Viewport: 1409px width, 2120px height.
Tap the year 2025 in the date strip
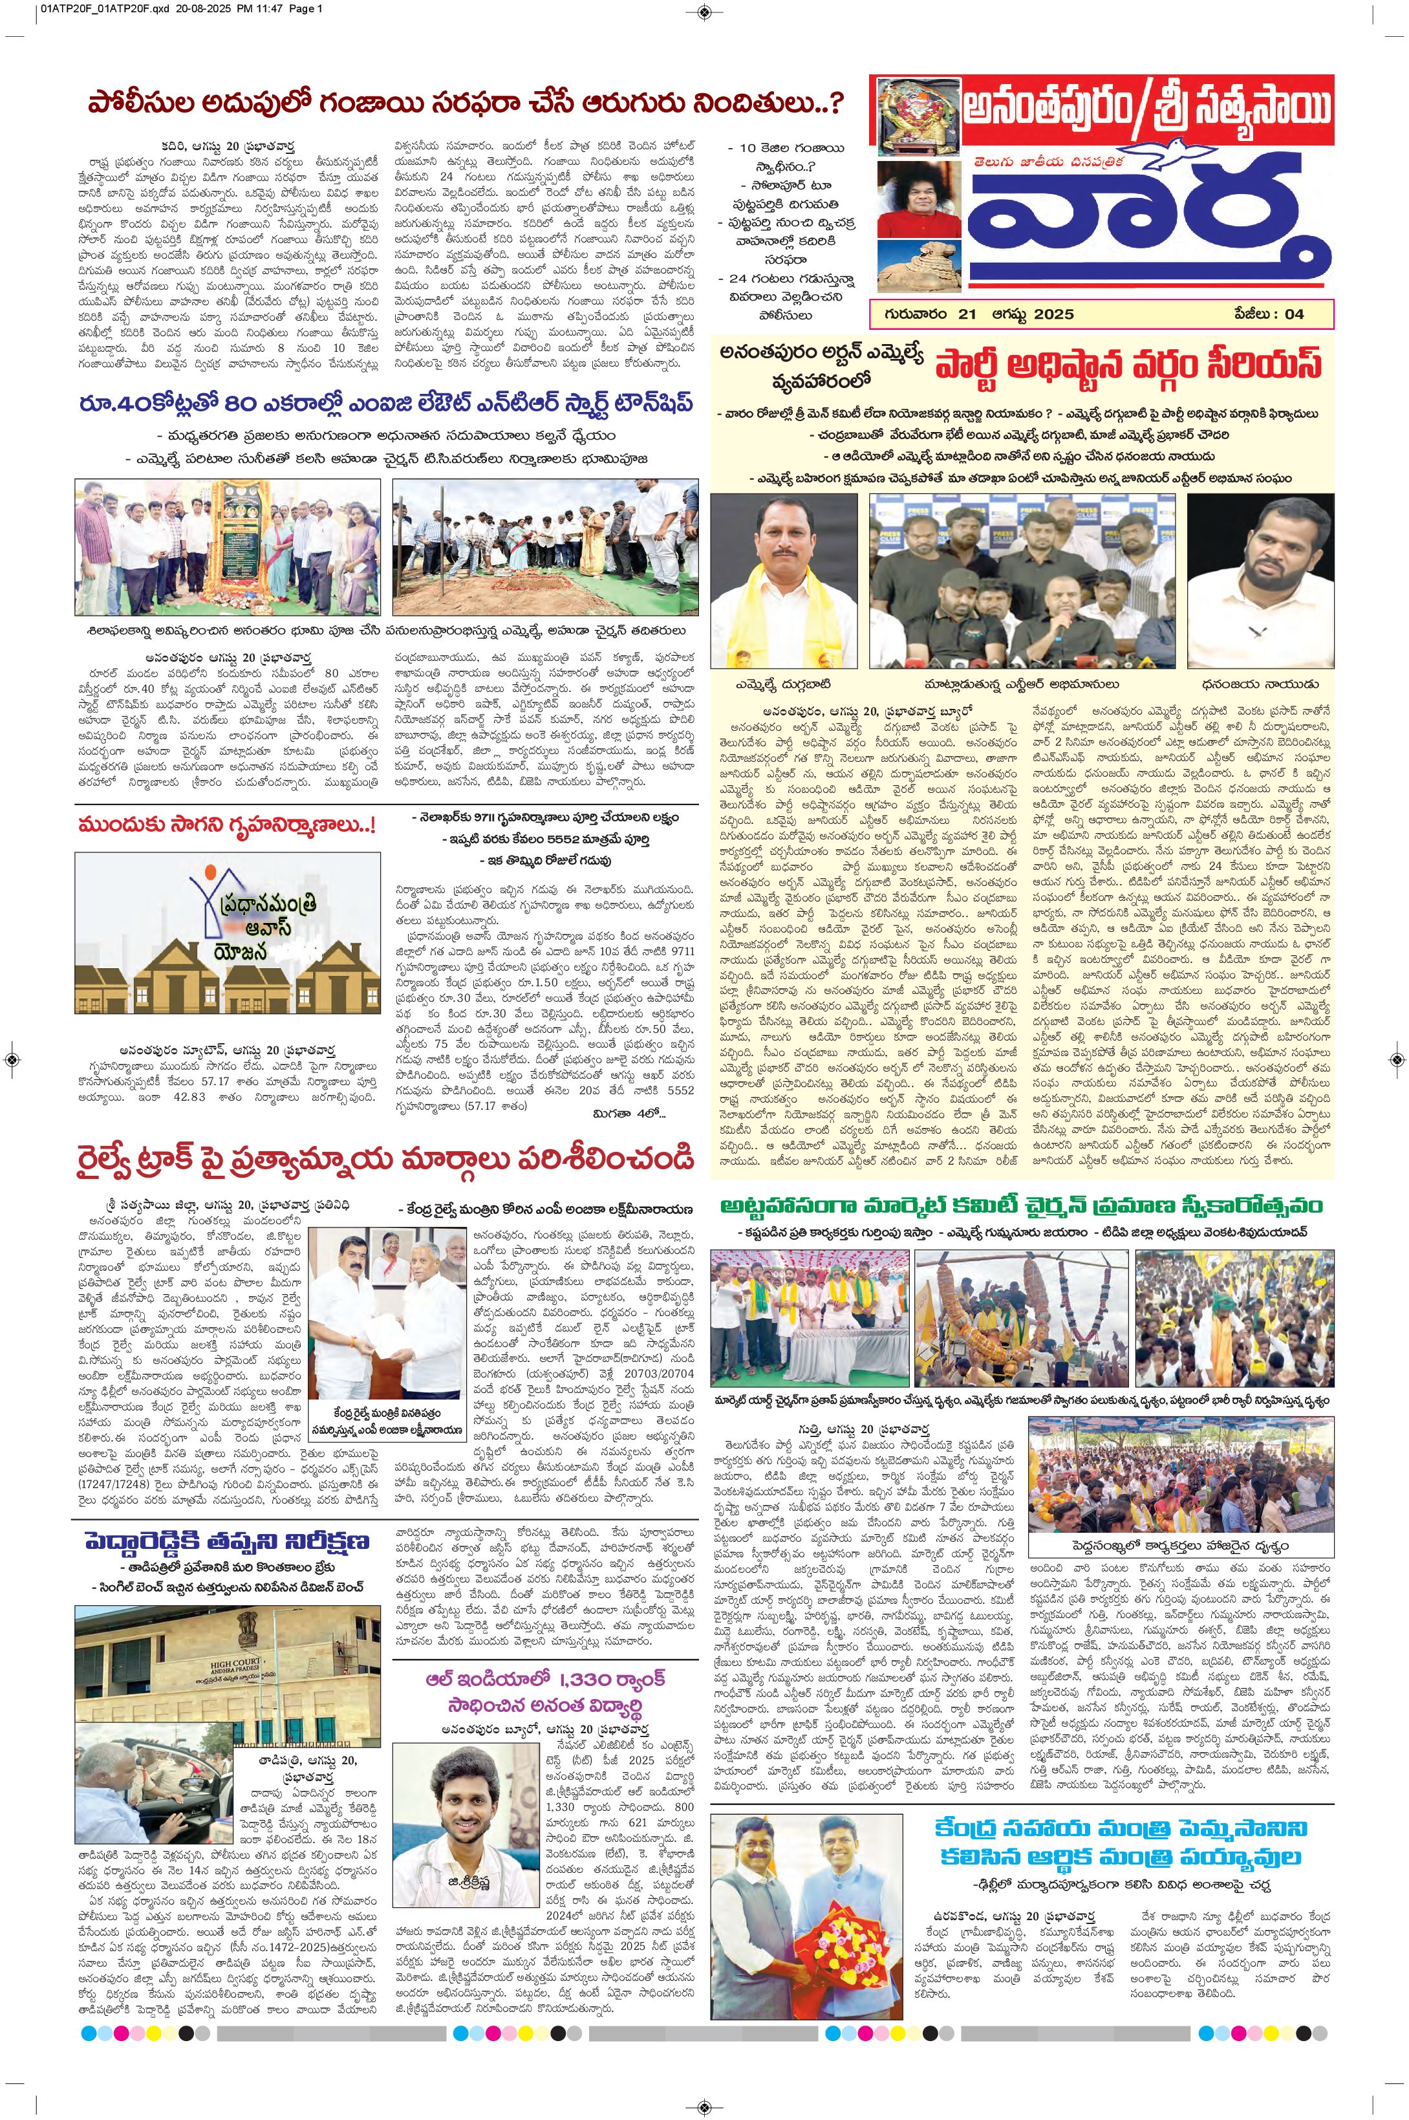(x=1053, y=314)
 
